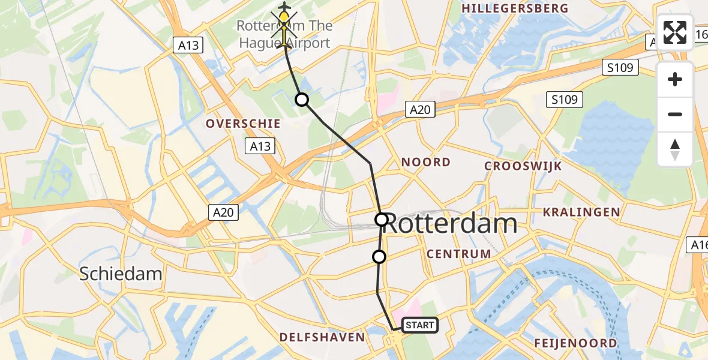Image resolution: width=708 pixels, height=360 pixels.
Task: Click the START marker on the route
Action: tap(419, 325)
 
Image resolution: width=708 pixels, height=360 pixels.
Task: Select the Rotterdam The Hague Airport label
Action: tap(284, 34)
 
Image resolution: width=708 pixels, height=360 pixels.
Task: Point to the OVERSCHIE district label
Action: tap(243, 124)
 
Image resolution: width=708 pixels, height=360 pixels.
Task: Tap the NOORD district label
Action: tap(425, 162)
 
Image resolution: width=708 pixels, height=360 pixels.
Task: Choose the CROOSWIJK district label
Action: tap(523, 166)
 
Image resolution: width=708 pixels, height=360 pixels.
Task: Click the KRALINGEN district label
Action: tap(581, 212)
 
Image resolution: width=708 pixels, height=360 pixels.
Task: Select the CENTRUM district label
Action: tap(459, 254)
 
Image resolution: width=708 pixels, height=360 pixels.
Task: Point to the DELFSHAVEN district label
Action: tap(322, 337)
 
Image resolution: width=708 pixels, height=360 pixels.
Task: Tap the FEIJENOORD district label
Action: tap(576, 343)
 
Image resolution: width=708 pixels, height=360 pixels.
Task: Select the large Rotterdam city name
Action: tap(450, 224)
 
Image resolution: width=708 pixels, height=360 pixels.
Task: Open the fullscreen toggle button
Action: tap(675, 32)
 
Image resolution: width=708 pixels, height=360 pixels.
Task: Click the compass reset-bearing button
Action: tap(675, 149)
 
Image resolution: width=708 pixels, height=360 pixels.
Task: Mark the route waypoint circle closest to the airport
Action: tap(302, 100)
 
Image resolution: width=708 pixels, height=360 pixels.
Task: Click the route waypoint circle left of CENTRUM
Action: tap(379, 257)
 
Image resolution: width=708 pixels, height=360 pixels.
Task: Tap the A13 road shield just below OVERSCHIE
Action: tap(260, 146)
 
